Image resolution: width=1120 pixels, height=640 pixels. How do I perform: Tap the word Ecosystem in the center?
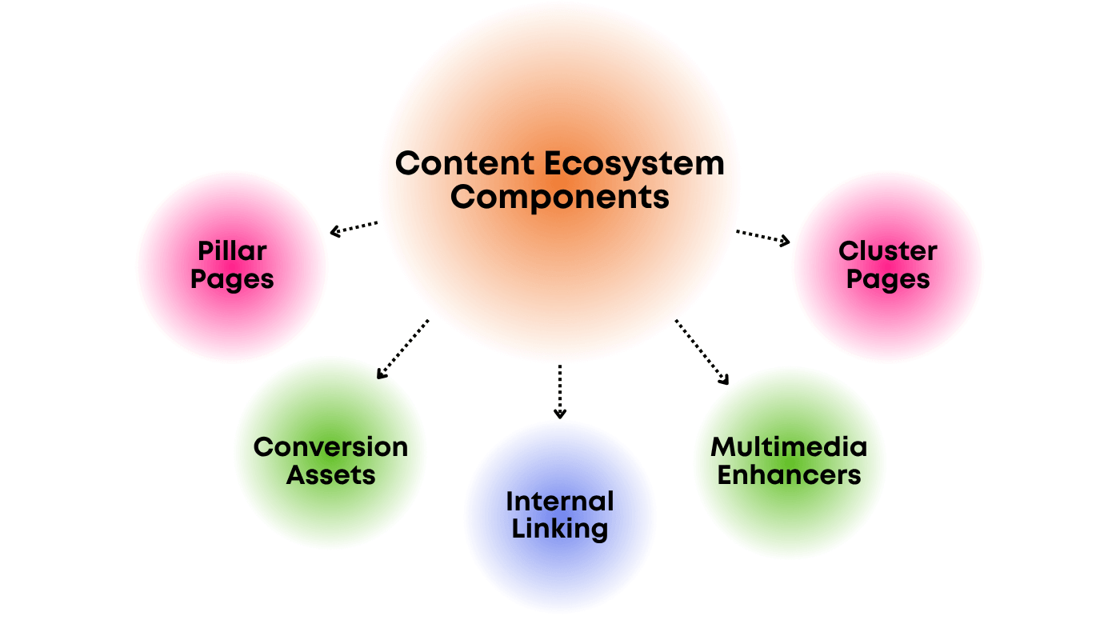coord(634,163)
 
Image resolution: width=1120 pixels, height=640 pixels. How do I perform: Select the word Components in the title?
coord(559,196)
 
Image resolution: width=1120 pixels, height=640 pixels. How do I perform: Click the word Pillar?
coord(232,251)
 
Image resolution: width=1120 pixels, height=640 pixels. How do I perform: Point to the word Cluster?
coord(887,251)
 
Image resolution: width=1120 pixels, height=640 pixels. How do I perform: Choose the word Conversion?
coord(330,446)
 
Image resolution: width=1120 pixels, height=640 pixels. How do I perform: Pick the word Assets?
coord(330,475)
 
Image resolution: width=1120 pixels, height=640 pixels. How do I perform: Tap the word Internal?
coord(559,502)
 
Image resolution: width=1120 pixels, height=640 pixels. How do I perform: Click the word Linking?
coord(559,529)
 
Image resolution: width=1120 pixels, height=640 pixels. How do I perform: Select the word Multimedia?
coord(789,446)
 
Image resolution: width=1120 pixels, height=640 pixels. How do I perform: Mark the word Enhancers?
coord(789,475)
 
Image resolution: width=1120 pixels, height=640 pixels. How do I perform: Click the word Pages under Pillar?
coord(232,279)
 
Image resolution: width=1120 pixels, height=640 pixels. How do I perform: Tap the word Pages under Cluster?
coord(887,279)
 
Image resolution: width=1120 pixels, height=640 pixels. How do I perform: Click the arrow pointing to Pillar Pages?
coord(354,229)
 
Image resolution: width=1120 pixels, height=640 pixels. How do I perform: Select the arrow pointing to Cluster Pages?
coord(763,237)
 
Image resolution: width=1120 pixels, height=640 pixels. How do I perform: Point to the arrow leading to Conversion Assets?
coord(402,350)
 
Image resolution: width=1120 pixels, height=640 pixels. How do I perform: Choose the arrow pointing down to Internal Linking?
coord(560,391)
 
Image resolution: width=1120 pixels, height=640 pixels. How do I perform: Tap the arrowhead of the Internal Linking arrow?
coord(560,414)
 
